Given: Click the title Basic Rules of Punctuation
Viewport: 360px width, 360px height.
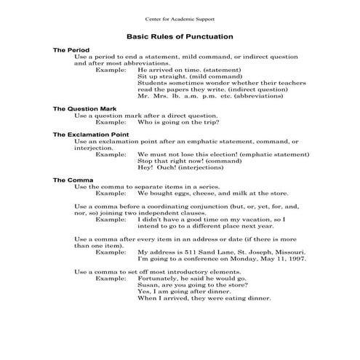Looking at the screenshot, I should [180, 36].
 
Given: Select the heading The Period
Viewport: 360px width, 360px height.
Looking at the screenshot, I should [71, 50].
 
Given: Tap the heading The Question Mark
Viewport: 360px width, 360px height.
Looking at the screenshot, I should [84, 108].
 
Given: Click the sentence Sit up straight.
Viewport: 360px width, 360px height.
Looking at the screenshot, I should [167, 76].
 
